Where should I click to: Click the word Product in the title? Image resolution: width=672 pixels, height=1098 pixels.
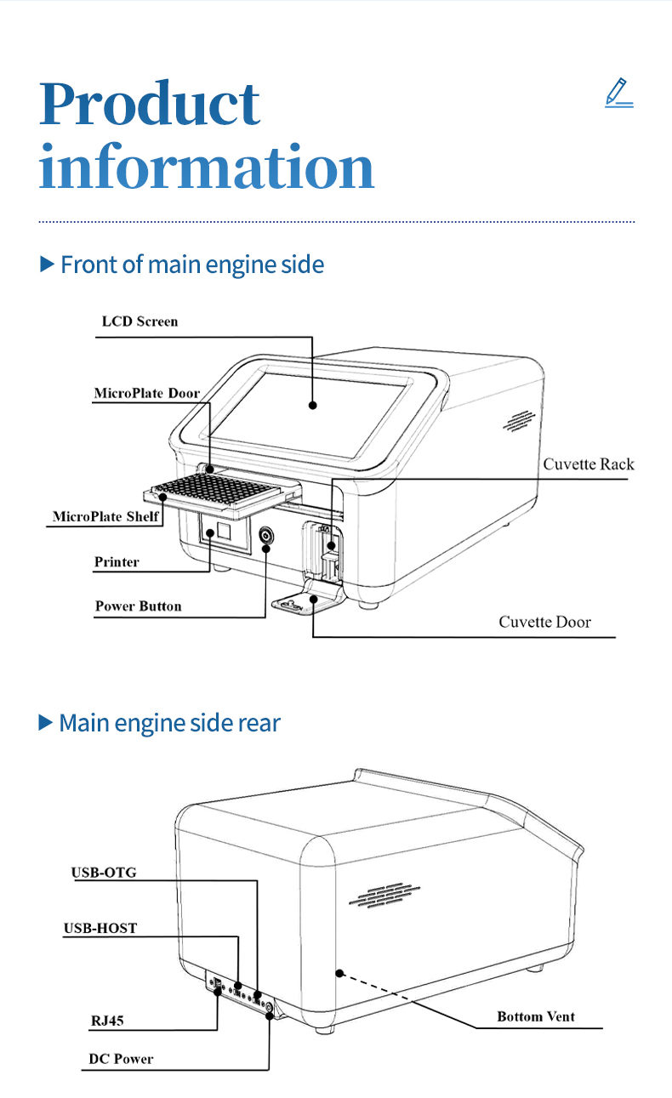tap(150, 105)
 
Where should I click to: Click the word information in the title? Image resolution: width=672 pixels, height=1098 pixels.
tap(207, 168)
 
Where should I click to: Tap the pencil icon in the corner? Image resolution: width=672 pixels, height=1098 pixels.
tap(618, 93)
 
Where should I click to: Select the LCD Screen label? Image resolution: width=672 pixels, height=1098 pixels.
tap(140, 321)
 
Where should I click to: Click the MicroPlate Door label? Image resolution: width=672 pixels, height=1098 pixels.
tap(146, 393)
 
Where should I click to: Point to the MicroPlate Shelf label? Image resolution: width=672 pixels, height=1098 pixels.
tap(105, 516)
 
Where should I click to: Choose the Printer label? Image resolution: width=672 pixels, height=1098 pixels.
tap(117, 561)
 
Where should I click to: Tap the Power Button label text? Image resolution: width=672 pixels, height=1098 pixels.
tap(138, 606)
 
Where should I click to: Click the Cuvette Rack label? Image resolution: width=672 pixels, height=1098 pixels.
tap(589, 464)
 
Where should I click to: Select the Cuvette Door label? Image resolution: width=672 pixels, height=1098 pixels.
tap(544, 622)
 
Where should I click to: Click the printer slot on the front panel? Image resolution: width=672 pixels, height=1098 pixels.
tap(222, 534)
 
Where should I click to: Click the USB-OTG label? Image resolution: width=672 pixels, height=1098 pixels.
tap(104, 872)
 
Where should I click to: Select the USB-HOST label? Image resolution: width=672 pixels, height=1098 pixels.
tap(100, 928)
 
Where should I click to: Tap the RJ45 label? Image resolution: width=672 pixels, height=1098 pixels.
tap(107, 1020)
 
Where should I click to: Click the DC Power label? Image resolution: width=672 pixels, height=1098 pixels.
tap(121, 1059)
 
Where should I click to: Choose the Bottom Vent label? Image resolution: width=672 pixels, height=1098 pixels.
tap(536, 1016)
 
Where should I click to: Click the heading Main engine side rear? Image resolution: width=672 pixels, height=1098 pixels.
tap(168, 723)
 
